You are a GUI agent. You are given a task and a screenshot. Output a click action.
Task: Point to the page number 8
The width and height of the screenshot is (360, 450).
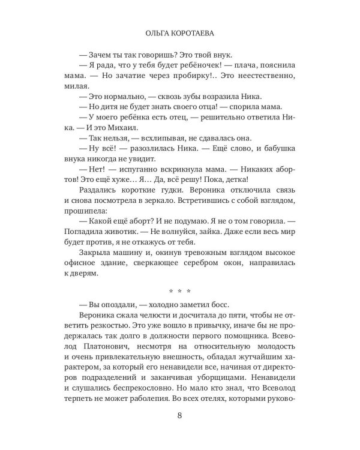click(x=179, y=417)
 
